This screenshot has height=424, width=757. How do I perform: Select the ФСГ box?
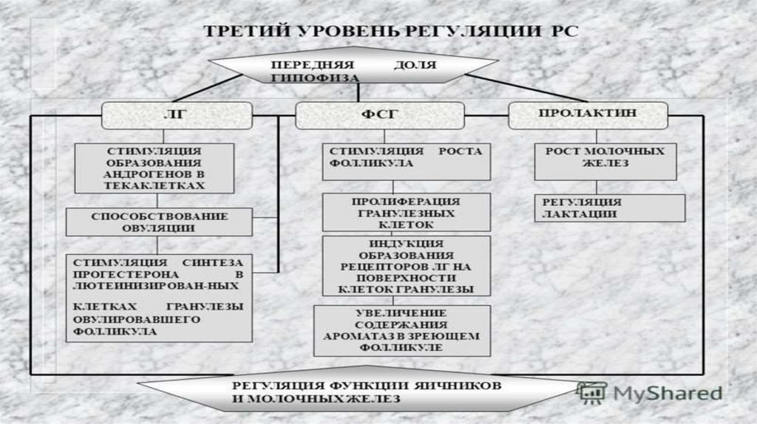tap(379, 116)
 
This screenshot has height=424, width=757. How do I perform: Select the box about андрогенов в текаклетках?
tap(155, 168)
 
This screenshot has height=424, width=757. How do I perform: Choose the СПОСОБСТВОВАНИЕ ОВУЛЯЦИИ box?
tap(160, 222)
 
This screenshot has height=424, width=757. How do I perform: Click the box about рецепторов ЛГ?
tap(406, 266)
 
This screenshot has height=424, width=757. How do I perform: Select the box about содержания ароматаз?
tap(401, 329)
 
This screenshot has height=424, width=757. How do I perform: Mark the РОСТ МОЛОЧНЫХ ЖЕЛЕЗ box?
tap(605, 161)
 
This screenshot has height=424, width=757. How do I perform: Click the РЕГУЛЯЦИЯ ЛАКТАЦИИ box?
tap(609, 208)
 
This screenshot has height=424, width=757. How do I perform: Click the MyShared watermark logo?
tap(650, 392)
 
